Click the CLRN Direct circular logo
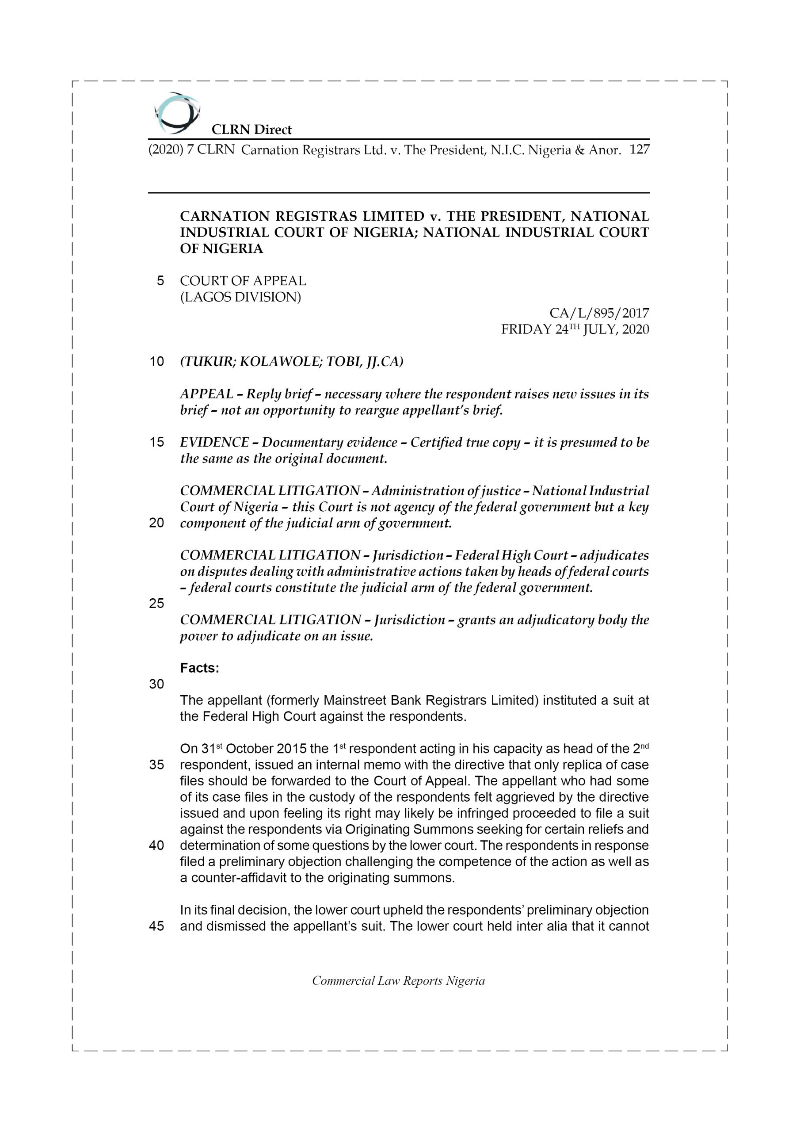point(176,113)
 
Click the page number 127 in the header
point(640,149)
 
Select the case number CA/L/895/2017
point(599,313)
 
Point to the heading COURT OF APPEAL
point(243,281)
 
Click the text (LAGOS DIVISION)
point(240,297)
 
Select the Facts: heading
point(199,668)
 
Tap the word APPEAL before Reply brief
point(206,394)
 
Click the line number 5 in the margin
point(160,281)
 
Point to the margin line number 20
point(156,523)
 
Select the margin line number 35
point(156,765)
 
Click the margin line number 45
point(156,926)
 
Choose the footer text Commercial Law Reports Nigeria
point(398,981)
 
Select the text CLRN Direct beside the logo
point(251,130)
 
